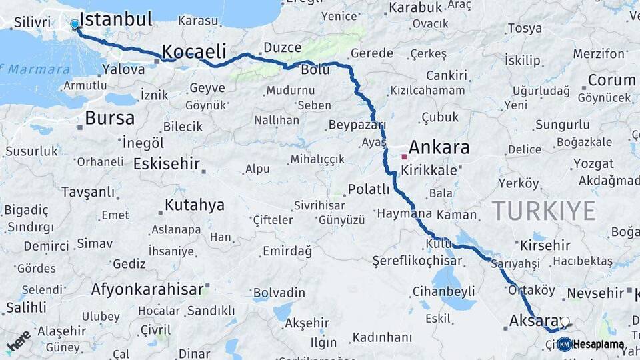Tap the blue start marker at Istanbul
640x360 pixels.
pyautogui.click(x=75, y=25)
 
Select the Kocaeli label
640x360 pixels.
pyautogui.click(x=194, y=51)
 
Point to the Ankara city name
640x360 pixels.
pyautogui.click(x=439, y=147)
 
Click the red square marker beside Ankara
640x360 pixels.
pyautogui.click(x=403, y=157)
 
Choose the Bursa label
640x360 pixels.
pyautogui.click(x=109, y=119)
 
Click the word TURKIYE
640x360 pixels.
pyautogui.click(x=544, y=211)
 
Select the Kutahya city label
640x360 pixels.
pyautogui.click(x=195, y=205)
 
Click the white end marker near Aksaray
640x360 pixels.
pyautogui.click(x=565, y=321)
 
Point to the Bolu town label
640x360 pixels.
pyautogui.click(x=315, y=69)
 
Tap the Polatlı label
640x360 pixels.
pyautogui.click(x=369, y=189)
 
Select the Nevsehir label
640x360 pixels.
pyautogui.click(x=595, y=293)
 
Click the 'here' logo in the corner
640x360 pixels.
pyautogui.click(x=18, y=341)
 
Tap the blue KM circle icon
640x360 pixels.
pyautogui.click(x=564, y=344)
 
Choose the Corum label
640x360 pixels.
pyautogui.click(x=611, y=81)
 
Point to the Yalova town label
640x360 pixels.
pyautogui.click(x=124, y=69)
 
